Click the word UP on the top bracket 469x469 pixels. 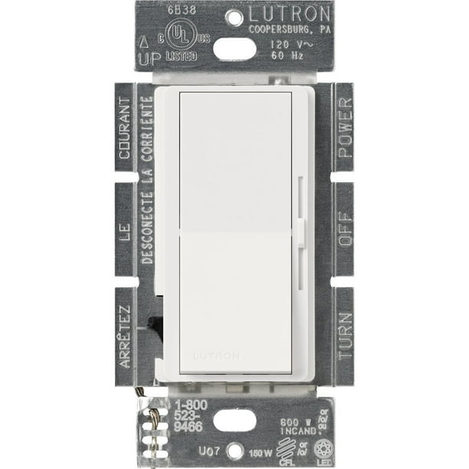[x=146, y=58]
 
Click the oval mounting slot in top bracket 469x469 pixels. [x=235, y=48]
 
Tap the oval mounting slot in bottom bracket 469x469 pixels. [x=235, y=421]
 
